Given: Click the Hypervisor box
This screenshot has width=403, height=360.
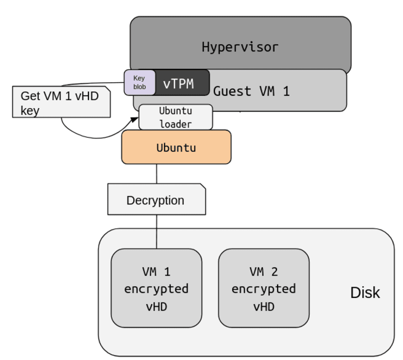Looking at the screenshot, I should point(240,46).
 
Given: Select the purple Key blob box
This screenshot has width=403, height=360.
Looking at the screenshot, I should point(139,82).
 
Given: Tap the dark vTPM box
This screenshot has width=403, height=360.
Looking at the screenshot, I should point(179,83).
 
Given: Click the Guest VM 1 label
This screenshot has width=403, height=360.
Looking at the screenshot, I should point(251,91).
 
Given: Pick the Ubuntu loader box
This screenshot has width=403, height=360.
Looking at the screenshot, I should point(175,117).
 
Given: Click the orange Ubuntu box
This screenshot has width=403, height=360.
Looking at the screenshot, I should point(176,148).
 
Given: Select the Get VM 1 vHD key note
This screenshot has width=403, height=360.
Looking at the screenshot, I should point(60,102).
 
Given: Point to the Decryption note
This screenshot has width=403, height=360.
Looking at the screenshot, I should point(156,200).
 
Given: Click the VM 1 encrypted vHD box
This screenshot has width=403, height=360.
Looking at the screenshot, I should point(156,288).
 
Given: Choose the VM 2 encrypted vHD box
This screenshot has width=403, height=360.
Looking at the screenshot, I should point(263,288).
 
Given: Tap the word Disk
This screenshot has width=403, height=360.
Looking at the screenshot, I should point(365,292).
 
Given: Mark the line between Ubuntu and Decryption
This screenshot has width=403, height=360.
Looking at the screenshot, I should point(156,174).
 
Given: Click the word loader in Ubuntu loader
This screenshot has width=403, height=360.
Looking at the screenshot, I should point(175,124).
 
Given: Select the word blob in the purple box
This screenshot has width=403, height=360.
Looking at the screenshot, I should point(139,87).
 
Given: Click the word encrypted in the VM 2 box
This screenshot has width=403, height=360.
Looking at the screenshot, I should point(263,289).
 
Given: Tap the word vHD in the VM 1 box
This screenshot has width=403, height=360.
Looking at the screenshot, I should point(156,306).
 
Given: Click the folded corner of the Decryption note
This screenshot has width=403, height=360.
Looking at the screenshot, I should point(202,187).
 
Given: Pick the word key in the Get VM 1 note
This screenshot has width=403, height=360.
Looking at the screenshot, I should point(30,110).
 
